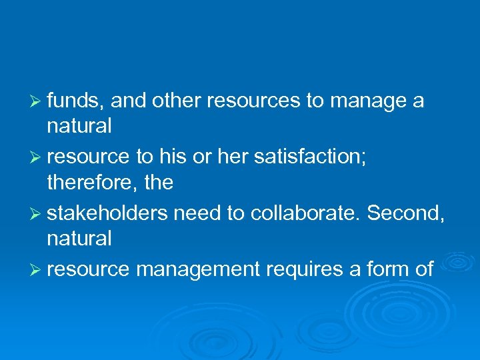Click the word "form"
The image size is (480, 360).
387,269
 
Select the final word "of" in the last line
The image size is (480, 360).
424,269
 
